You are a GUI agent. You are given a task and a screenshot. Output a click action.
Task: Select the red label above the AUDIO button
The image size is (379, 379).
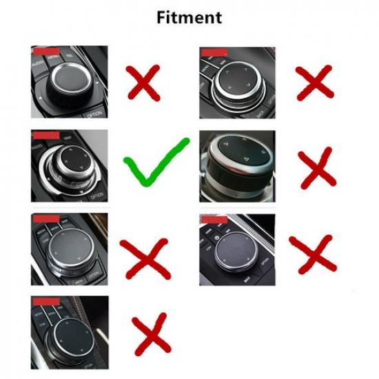[45, 51]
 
